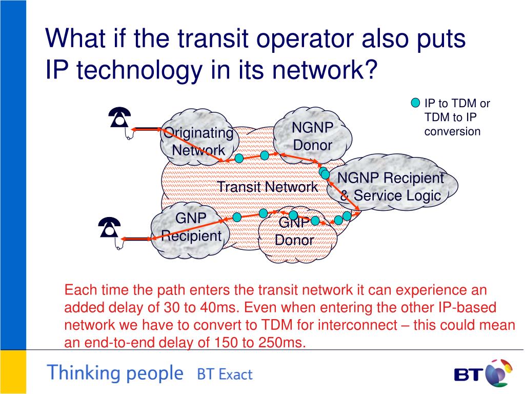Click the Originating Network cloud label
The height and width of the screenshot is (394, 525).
point(198,142)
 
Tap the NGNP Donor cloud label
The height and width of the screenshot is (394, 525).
point(312,136)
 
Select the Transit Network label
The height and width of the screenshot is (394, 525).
point(268,187)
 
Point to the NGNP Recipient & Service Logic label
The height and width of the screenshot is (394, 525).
point(390,187)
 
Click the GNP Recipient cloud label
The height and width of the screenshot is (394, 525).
point(191,227)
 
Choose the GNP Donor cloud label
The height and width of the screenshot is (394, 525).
point(294,231)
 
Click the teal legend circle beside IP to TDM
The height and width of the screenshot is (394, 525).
point(416,103)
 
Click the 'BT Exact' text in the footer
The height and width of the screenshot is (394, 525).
point(225,375)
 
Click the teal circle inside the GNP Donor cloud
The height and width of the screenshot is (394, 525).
point(293,215)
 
